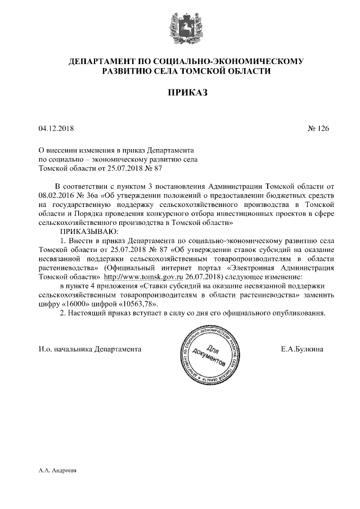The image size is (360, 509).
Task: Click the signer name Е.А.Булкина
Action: pos(301,349)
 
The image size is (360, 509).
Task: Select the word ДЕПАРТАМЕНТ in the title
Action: pos(100,60)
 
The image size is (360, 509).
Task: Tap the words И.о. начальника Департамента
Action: pos(90,349)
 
